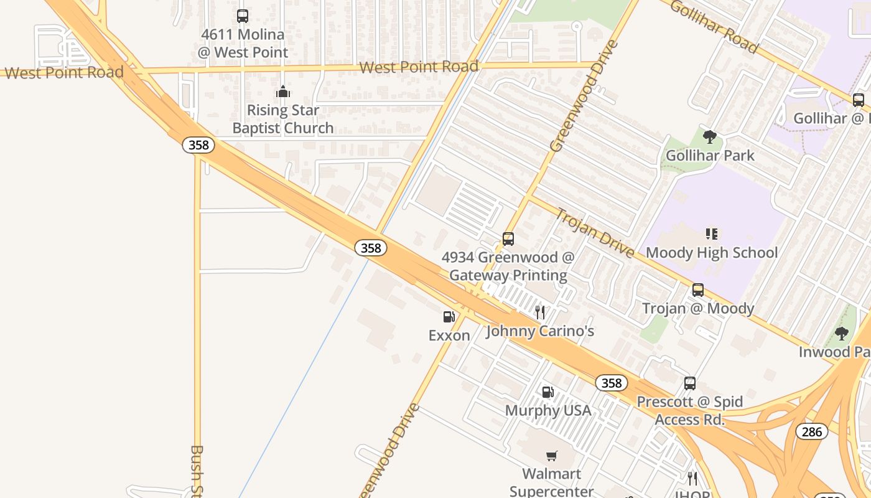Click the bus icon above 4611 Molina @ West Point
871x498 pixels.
[243, 16]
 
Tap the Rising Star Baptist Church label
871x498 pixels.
[283, 119]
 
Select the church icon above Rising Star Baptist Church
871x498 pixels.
[283, 92]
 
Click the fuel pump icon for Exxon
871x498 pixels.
[449, 317]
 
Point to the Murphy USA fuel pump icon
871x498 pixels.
[547, 392]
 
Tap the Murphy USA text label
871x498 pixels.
[547, 411]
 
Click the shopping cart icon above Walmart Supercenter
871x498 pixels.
[551, 456]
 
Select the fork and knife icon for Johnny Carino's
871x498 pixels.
[540, 312]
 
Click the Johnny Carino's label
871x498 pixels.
[540, 331]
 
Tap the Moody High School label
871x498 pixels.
[711, 253]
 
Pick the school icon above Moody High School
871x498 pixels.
[711, 234]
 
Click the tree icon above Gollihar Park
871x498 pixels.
[709, 137]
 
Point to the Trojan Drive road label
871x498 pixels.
[594, 233]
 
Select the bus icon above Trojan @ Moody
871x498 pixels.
[697, 290]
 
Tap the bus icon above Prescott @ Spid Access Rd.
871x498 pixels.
[689, 383]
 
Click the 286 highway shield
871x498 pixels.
[811, 431]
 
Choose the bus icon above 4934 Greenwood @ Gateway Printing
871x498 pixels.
[508, 239]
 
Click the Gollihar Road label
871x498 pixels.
[714, 27]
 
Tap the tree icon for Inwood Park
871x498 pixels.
[841, 334]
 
